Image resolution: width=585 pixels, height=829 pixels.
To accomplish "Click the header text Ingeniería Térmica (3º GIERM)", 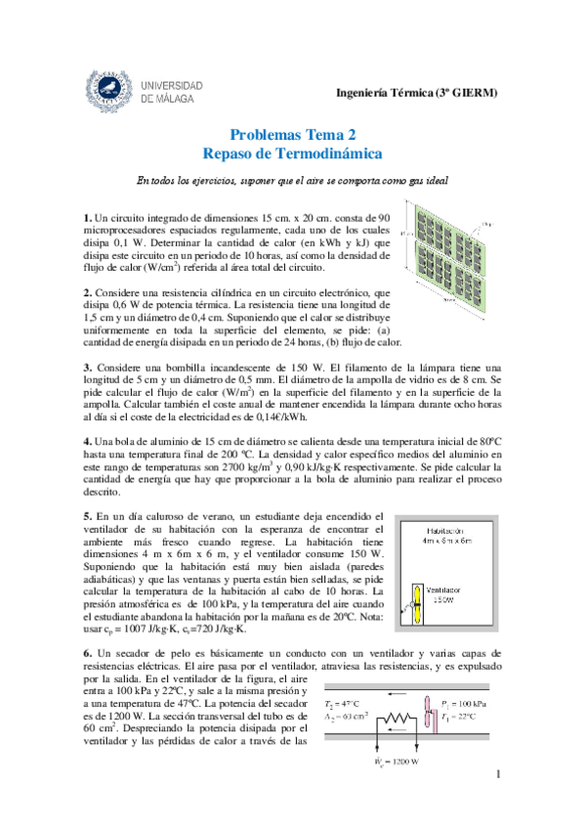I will point(416,93).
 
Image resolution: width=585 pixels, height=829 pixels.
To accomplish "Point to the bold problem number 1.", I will point(87,217).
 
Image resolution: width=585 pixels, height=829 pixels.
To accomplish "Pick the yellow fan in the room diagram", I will point(417,603).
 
